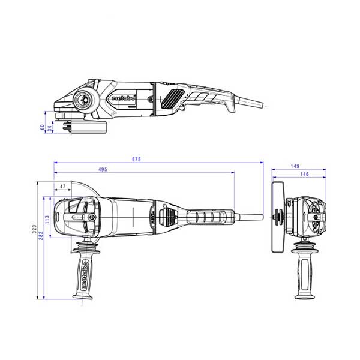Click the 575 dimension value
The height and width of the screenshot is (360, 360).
coord(136,159)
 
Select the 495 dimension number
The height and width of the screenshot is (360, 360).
coord(103,169)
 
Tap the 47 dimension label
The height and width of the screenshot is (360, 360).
coord(62,187)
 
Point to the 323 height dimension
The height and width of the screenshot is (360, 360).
coord(34,229)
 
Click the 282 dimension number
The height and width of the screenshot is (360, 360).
coord(41,236)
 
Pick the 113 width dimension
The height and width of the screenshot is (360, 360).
coord(47,220)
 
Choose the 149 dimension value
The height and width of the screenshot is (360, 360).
coord(295,166)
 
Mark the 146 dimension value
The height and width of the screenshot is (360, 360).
coord(304,174)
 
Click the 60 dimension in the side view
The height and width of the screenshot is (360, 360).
coord(42,127)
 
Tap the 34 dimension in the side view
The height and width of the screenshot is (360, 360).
coord(50,128)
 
